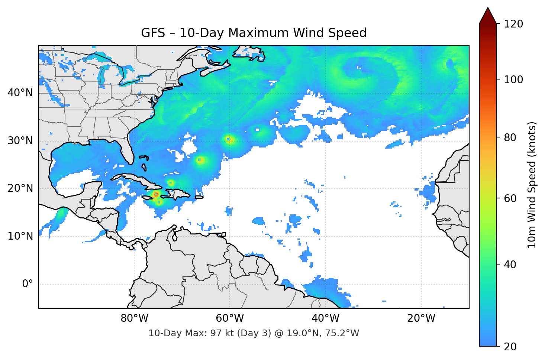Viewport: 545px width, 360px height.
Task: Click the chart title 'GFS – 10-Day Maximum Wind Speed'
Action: [254, 33]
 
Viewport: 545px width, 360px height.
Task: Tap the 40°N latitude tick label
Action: [20, 93]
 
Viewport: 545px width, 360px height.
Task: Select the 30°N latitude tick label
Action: [20, 141]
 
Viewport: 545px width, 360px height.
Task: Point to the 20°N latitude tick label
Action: [20, 188]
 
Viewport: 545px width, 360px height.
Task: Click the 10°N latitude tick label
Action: [20, 236]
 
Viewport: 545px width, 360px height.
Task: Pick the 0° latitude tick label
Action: [27, 284]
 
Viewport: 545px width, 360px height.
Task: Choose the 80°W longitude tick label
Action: [134, 318]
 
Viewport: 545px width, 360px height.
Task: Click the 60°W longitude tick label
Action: [230, 318]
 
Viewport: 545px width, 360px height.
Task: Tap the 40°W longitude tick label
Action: [325, 318]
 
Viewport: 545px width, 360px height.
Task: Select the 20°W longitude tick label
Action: [421, 318]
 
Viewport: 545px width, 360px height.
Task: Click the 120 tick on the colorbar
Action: [513, 24]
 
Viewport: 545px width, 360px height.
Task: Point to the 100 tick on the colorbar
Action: [513, 80]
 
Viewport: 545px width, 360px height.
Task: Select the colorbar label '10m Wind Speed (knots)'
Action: [532, 185]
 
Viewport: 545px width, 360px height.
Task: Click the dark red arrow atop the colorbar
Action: [488, 16]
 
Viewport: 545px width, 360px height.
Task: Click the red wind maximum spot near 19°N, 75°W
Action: [156, 194]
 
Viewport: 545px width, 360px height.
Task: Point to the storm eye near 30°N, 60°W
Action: [229, 139]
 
